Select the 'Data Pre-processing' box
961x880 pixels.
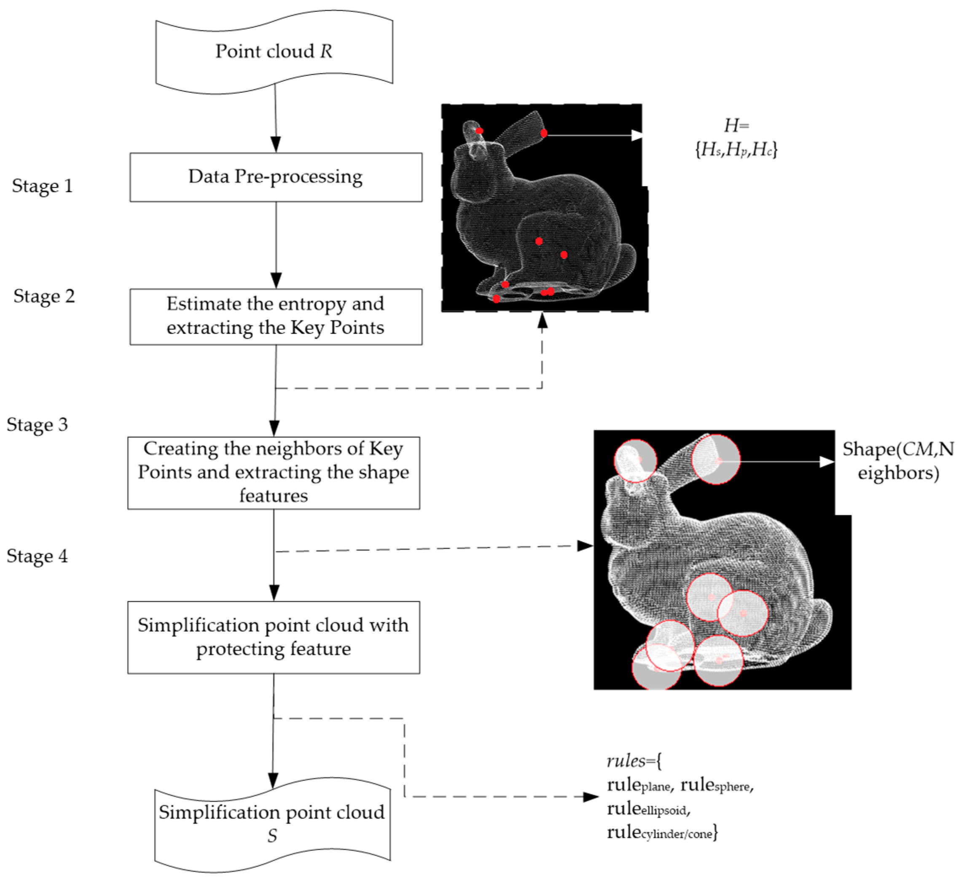point(276,177)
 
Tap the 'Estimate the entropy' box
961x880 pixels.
point(276,316)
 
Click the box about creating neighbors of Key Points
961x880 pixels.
point(274,472)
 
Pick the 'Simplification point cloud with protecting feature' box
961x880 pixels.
point(274,637)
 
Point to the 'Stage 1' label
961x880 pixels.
point(43,186)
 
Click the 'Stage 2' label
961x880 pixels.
point(44,296)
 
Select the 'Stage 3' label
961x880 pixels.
point(37,425)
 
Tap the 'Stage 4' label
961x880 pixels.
point(37,556)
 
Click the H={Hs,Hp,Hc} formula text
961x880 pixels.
point(736,138)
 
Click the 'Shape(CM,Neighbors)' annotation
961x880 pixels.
point(898,461)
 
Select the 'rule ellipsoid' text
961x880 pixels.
point(648,809)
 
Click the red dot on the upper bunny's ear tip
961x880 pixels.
point(544,133)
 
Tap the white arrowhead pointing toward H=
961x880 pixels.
point(637,135)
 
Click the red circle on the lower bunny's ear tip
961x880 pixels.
point(716,459)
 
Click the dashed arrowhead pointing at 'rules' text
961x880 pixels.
point(591,797)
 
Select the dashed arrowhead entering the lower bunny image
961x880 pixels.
point(585,546)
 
